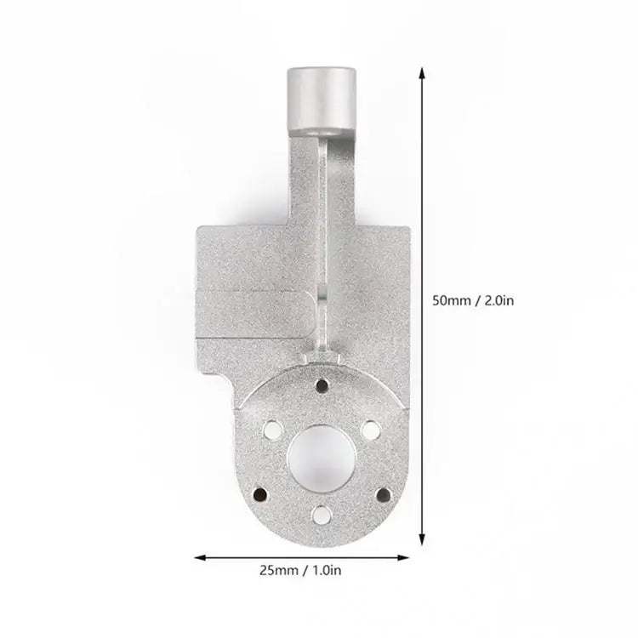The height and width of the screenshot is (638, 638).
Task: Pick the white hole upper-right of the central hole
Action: (x=371, y=430)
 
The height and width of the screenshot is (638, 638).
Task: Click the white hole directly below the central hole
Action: (x=320, y=513)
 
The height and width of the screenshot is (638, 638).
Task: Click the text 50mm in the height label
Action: (x=450, y=300)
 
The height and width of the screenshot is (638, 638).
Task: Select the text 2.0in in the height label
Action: (x=498, y=300)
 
